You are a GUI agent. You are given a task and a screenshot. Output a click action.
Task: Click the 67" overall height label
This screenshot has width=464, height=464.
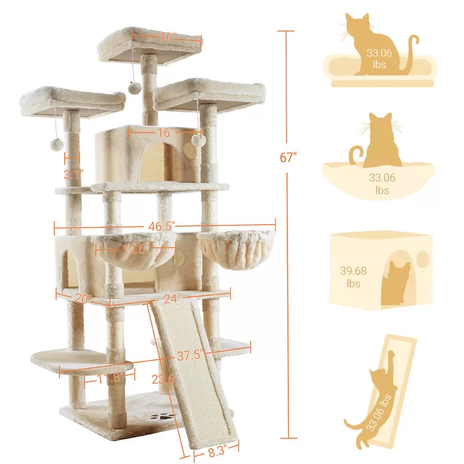click(288, 157)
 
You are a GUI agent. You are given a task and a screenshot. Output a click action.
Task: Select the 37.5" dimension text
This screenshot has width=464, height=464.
click(189, 356)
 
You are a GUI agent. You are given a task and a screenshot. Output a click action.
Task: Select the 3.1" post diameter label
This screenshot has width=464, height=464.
click(73, 174)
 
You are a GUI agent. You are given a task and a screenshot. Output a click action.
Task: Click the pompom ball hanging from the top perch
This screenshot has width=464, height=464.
click(133, 88)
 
